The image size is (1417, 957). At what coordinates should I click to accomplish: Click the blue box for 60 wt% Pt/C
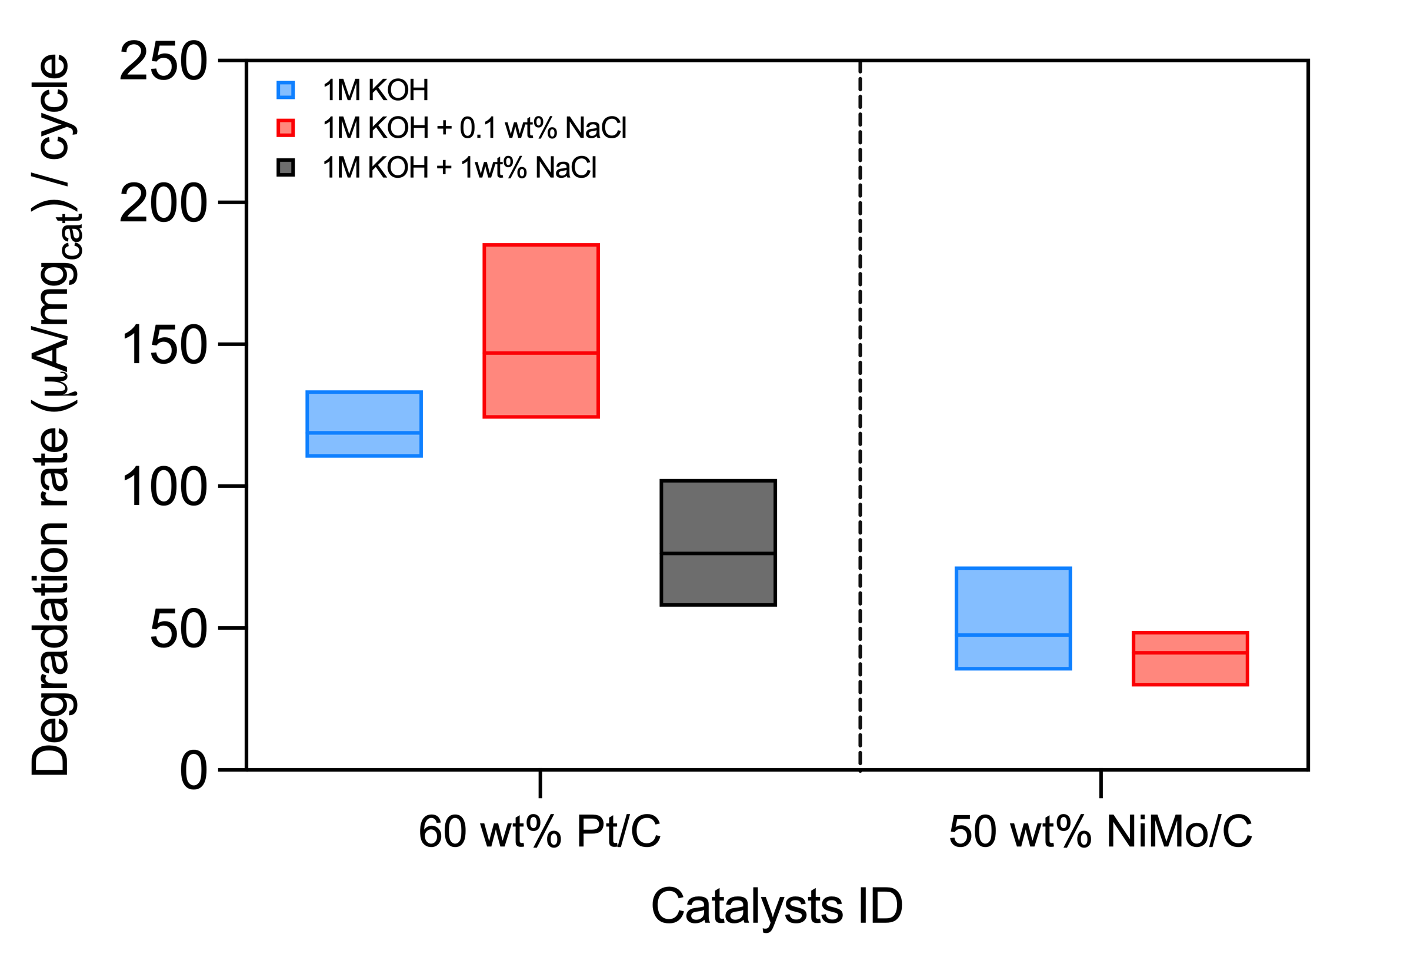tap(364, 424)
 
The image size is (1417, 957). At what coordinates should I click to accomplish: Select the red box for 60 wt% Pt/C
tap(541, 331)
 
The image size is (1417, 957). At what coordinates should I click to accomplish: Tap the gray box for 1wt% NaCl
tap(718, 543)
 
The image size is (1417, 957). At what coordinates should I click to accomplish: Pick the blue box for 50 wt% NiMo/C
tap(1013, 619)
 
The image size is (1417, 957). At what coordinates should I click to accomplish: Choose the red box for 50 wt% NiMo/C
tap(1190, 659)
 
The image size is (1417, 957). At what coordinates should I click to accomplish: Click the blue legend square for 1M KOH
tap(285, 90)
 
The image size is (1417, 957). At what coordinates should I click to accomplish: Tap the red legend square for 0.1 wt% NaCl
tap(285, 128)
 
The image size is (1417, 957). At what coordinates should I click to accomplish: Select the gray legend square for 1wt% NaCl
tap(285, 168)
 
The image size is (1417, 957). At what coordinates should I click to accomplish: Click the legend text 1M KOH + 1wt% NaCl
tap(459, 168)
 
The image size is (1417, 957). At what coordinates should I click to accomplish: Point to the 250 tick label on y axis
tap(164, 62)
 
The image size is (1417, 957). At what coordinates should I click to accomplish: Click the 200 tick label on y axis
tap(164, 203)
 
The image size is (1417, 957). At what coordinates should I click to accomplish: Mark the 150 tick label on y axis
tap(164, 345)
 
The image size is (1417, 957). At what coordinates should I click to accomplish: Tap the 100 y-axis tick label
tap(164, 487)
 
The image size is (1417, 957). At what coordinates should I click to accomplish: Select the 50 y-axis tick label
tap(178, 629)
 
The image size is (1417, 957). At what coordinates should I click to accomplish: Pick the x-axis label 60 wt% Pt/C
tap(539, 832)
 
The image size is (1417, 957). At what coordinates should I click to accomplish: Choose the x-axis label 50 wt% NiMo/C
tap(1101, 832)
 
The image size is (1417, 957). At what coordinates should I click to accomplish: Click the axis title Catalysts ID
tap(777, 906)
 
